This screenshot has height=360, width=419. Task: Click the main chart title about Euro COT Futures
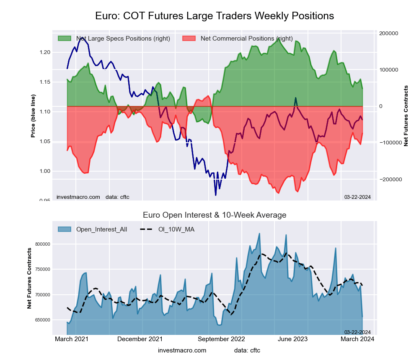click(x=215, y=16)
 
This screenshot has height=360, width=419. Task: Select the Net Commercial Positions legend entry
click(x=246, y=39)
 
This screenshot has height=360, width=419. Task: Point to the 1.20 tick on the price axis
click(x=44, y=52)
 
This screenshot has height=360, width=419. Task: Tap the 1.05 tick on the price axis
click(x=44, y=141)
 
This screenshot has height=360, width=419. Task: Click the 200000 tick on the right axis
click(x=388, y=33)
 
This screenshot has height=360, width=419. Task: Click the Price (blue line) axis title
click(x=33, y=116)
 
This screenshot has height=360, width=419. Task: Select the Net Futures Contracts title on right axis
click(x=406, y=116)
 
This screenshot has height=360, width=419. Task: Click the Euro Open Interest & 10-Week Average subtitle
click(x=215, y=215)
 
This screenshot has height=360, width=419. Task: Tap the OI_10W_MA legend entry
click(x=176, y=229)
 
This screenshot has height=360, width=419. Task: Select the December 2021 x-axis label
click(x=140, y=339)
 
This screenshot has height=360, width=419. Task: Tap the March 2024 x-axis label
click(x=357, y=339)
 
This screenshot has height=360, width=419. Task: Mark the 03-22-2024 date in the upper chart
click(x=357, y=197)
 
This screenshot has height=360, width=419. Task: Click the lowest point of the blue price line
click(x=215, y=195)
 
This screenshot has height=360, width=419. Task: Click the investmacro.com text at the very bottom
click(x=182, y=350)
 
